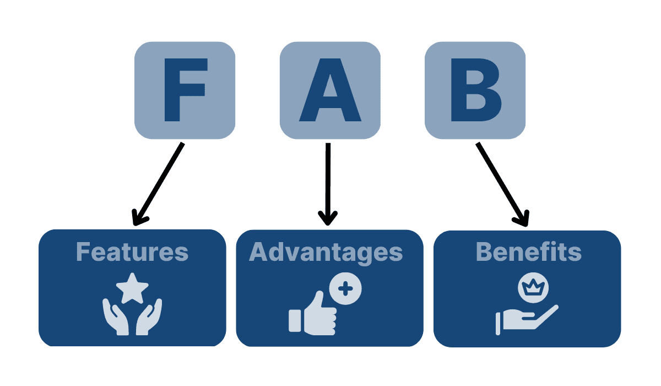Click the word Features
pyautogui.click(x=132, y=252)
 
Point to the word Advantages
pyautogui.click(x=326, y=252)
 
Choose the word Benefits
pyautogui.click(x=528, y=252)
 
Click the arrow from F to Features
pyautogui.click(x=160, y=182)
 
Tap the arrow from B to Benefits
pyautogui.click(x=501, y=182)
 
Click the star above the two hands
pyautogui.click(x=132, y=288)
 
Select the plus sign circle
pyautogui.click(x=345, y=288)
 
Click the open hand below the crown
pyautogui.click(x=529, y=318)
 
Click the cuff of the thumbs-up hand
pyautogui.click(x=295, y=320)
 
